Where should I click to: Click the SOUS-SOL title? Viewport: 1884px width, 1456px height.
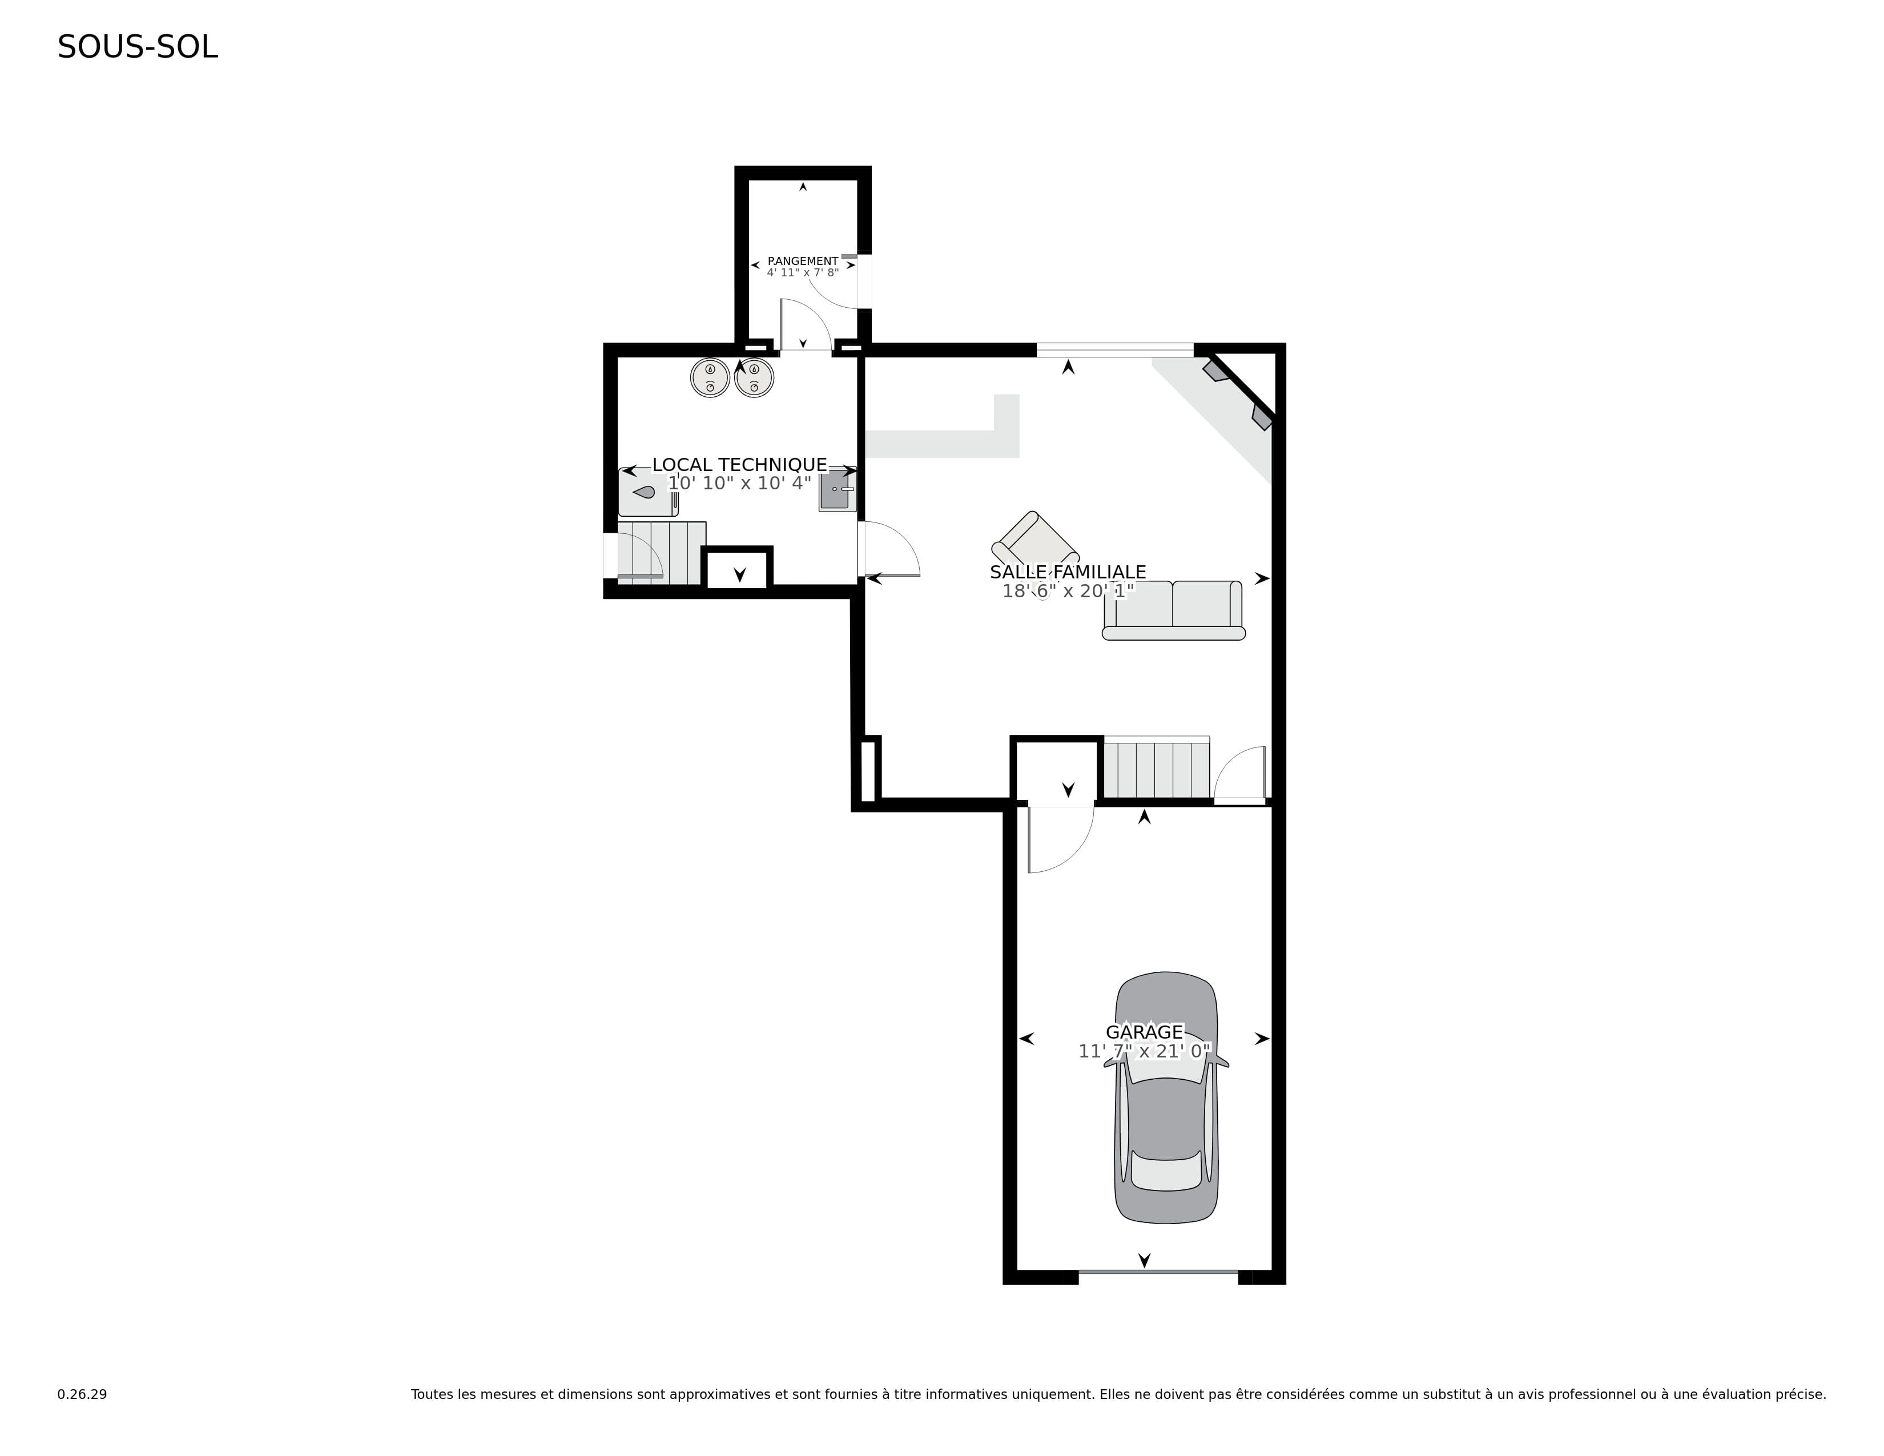138,47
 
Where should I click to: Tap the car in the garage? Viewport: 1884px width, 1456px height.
1166,1097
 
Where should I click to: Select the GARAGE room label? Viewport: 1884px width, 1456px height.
1145,1032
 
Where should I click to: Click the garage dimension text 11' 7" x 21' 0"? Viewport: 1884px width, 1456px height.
1145,1051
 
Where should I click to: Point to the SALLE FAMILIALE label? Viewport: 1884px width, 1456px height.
1068,572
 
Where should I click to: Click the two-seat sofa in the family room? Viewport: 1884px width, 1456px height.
1173,611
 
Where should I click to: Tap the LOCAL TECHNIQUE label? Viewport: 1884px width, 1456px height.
739,465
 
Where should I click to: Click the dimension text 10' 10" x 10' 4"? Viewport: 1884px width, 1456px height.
739,483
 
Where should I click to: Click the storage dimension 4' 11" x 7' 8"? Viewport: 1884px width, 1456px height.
802,272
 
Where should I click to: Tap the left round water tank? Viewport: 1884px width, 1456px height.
710,377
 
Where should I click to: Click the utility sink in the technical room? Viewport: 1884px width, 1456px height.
837,492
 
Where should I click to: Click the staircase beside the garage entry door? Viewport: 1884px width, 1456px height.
1157,767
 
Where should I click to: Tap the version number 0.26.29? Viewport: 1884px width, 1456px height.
82,1394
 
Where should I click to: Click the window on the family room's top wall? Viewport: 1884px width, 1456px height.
1114,349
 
